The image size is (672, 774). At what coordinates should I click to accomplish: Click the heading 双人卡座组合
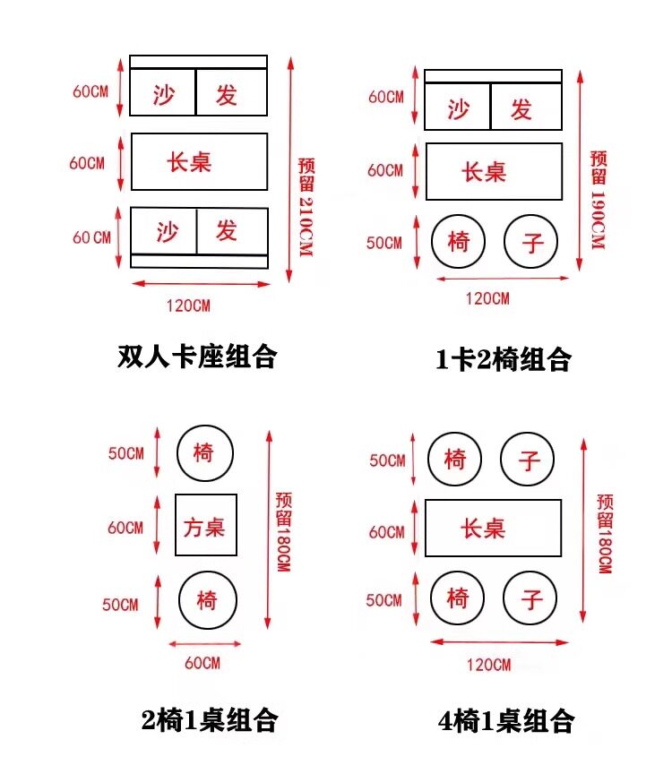[x=197, y=357]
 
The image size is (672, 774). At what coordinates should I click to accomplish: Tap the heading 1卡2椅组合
[x=503, y=359]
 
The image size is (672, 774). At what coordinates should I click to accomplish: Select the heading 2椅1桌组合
[x=210, y=718]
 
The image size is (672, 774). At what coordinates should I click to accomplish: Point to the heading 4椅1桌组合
[x=506, y=719]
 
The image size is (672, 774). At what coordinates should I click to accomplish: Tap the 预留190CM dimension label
[x=599, y=200]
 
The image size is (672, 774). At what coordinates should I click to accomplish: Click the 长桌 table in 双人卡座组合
[x=199, y=161]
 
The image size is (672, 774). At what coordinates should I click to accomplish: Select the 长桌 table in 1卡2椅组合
[x=494, y=170]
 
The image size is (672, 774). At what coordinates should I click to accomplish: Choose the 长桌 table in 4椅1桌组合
[x=493, y=528]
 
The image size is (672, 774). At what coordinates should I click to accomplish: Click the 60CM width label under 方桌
[x=202, y=663]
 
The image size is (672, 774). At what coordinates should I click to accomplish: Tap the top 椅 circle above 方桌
[x=204, y=453]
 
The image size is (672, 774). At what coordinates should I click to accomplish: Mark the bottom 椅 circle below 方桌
[x=207, y=599]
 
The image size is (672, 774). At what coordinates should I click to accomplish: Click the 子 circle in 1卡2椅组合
[x=531, y=241]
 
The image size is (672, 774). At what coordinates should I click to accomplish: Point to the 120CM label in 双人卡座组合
[x=188, y=305]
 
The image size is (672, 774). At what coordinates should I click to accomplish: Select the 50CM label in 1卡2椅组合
[x=385, y=244]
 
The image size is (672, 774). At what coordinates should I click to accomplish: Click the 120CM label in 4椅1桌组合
[x=488, y=664]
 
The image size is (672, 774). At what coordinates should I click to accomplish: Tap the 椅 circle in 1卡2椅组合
[x=458, y=241]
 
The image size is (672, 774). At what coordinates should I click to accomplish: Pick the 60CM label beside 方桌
[x=125, y=528]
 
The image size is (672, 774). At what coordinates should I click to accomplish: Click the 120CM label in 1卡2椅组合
[x=487, y=298]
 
